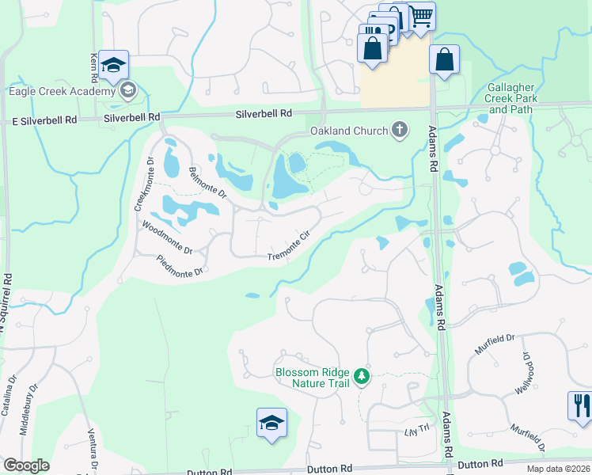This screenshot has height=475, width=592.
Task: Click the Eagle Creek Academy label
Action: point(62,91)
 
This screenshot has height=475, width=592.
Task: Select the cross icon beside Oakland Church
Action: point(400,131)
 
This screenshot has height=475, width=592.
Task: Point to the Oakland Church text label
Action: point(349,131)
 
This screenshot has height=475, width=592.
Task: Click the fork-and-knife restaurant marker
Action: point(580,405)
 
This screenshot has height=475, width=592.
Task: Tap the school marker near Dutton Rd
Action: point(271,423)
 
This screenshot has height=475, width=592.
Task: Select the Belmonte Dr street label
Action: point(208,181)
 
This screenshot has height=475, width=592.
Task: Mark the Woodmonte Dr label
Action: point(167,237)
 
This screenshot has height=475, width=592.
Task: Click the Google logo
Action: point(27,465)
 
